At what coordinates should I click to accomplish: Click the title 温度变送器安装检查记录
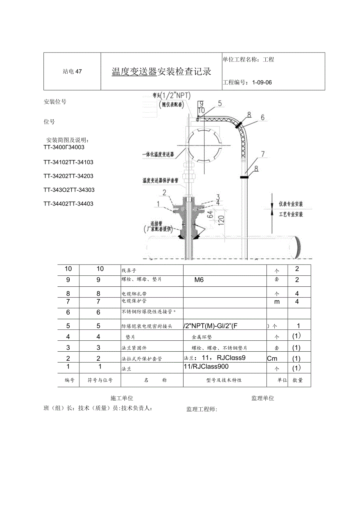click(161, 72)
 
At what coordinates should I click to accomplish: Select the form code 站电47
click(72, 72)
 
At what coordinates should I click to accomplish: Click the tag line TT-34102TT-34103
click(68, 162)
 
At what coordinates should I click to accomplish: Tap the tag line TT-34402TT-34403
click(68, 203)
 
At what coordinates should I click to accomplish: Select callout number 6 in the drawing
click(263, 117)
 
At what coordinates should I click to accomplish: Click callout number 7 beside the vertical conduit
click(263, 153)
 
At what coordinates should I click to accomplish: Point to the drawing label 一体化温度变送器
click(158, 155)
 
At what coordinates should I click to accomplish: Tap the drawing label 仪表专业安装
click(291, 204)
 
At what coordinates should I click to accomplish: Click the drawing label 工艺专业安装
click(291, 214)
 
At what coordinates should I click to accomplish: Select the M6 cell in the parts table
click(199, 280)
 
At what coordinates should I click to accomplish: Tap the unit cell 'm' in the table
click(277, 302)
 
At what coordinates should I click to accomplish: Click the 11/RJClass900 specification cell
click(206, 367)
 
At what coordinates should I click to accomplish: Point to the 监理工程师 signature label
click(202, 409)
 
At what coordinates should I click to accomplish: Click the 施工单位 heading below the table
click(122, 398)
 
